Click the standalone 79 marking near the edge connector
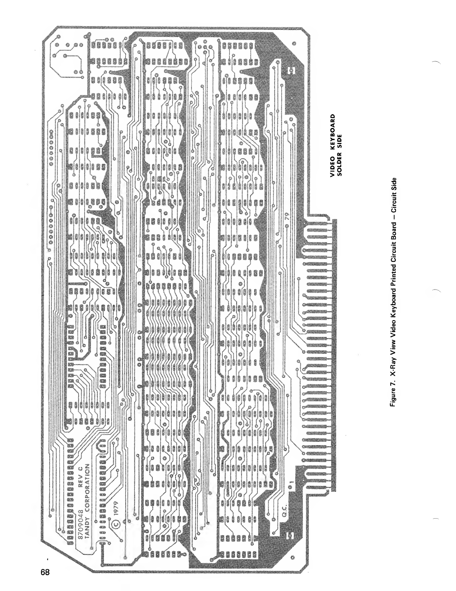coord(287,218)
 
